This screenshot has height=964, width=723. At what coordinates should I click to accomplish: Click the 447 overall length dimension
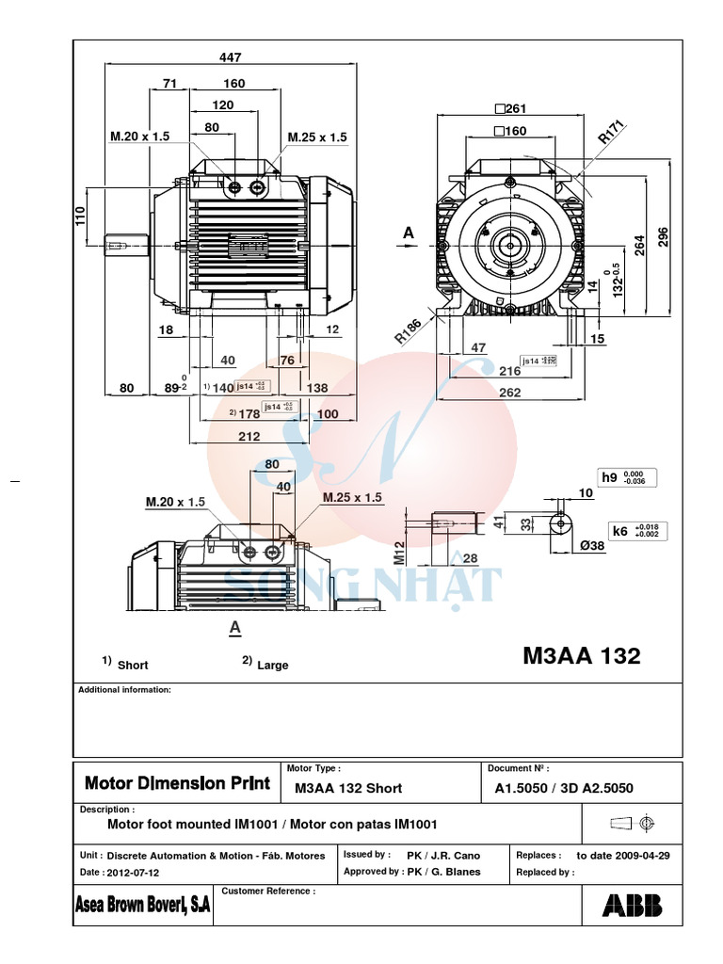click(x=230, y=57)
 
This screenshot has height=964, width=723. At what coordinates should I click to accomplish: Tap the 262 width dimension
click(x=509, y=393)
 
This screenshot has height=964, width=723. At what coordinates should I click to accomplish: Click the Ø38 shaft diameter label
click(x=590, y=545)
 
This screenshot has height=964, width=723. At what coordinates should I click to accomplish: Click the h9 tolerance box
click(x=627, y=477)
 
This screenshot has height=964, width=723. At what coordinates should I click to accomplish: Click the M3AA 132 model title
click(x=581, y=656)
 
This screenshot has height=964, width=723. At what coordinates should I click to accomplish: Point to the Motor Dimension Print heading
click(x=177, y=783)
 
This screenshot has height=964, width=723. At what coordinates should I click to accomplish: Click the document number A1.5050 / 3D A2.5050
click(x=563, y=788)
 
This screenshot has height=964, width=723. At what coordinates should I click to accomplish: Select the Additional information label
click(x=124, y=690)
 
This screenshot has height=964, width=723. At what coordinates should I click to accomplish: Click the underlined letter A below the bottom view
click(x=234, y=626)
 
